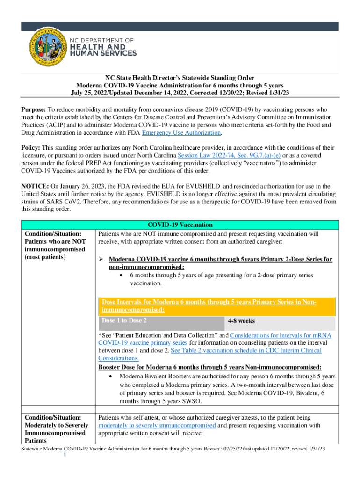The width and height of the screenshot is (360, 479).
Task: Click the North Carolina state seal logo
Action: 44,48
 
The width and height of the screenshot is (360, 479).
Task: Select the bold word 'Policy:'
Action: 31,147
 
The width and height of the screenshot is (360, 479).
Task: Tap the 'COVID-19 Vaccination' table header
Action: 180,225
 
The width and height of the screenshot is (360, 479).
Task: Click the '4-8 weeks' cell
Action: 241,321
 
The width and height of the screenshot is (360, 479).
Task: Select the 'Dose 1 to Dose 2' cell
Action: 124,321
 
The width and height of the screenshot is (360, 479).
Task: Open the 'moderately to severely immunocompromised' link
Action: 157,425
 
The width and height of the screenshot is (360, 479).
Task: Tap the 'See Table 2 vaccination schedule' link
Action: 219,350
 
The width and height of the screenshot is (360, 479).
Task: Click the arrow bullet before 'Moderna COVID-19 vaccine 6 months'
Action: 101,259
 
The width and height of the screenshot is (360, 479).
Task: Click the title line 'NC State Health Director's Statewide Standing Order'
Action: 180,78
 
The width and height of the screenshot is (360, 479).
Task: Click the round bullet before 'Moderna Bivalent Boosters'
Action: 110,376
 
